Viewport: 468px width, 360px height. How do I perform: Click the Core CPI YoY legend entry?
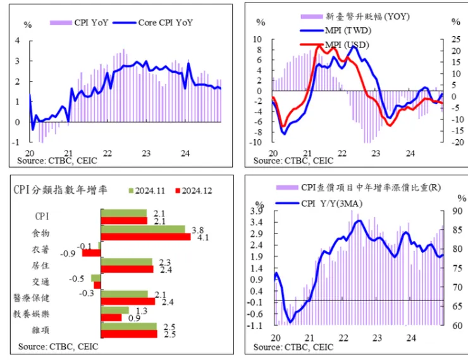coord(153,23)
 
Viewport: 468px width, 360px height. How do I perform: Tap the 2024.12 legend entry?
coord(194,190)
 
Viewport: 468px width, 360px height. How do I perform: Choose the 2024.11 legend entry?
coord(147,190)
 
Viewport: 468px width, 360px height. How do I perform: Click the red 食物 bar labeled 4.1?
coord(145,237)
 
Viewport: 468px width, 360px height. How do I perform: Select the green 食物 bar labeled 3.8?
coord(143,230)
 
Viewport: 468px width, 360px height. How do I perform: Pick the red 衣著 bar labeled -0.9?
coord(92,253)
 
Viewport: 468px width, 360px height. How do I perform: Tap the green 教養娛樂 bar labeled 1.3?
coord(115,310)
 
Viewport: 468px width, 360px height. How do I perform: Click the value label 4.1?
coord(203,238)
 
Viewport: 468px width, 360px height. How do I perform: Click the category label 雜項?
coord(40,330)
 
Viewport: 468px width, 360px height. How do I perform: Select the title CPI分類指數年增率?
coord(60,190)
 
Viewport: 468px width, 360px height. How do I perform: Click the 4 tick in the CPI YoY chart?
coord(17,40)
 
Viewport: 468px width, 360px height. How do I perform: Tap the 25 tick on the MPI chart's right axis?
coord(455,40)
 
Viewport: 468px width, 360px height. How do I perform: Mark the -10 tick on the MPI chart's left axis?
coord(257,142)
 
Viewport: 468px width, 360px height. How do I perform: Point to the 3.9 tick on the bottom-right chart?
coord(257,211)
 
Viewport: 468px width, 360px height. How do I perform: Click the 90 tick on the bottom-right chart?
coord(457,211)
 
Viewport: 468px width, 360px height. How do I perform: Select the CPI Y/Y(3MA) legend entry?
coord(319,204)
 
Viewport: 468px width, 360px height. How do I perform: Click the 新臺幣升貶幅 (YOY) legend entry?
coord(355,16)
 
